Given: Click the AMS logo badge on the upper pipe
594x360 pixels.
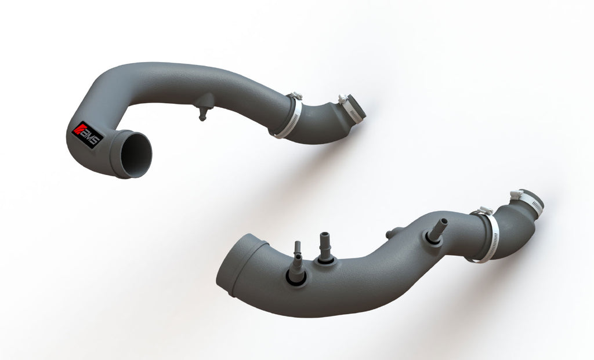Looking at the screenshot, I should (x=87, y=135).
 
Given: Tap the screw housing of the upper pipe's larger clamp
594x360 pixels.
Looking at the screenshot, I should (x=296, y=96).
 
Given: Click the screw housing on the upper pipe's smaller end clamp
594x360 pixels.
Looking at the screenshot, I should (x=342, y=99).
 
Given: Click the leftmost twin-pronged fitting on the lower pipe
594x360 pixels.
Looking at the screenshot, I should (x=297, y=264).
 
